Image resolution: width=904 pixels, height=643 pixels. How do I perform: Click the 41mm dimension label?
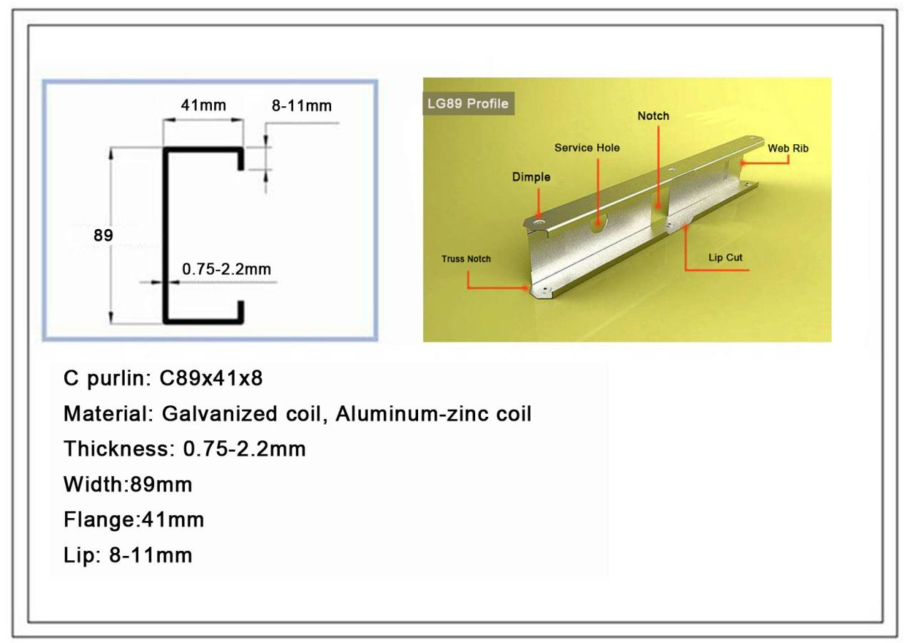click(203, 106)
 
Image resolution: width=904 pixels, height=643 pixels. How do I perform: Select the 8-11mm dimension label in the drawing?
click(302, 106)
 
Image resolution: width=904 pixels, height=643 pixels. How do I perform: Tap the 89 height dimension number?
click(103, 236)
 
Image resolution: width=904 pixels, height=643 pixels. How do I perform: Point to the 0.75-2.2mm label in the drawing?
click(226, 269)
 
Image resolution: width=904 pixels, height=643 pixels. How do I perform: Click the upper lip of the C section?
click(240, 159)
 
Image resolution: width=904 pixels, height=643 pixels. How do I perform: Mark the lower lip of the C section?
click(240, 312)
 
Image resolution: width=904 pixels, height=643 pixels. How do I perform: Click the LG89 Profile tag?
click(468, 103)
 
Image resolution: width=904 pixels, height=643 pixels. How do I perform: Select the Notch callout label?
click(654, 116)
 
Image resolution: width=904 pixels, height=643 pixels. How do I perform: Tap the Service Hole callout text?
click(586, 148)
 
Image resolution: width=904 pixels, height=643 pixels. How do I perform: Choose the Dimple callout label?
click(531, 177)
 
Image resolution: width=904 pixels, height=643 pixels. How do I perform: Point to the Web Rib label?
click(788, 148)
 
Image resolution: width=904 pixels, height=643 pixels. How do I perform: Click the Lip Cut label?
click(725, 258)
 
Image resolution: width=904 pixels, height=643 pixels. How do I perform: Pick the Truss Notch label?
click(466, 259)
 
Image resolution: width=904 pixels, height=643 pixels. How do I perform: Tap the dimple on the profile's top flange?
click(539, 222)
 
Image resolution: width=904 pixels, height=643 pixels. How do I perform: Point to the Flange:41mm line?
click(133, 520)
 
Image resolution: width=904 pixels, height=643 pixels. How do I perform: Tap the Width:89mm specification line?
click(128, 485)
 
